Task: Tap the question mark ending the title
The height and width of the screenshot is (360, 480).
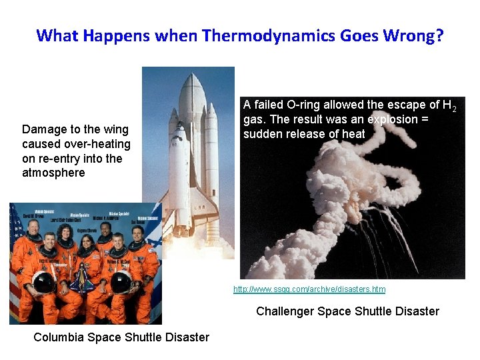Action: click(439, 35)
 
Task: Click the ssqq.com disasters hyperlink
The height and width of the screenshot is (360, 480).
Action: click(309, 289)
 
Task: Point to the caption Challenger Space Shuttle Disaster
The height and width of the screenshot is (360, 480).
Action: click(347, 311)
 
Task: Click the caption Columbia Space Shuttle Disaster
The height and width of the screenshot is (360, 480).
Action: click(121, 337)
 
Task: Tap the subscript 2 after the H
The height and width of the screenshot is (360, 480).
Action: click(453, 108)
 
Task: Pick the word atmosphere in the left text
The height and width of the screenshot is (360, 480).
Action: click(53, 173)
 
